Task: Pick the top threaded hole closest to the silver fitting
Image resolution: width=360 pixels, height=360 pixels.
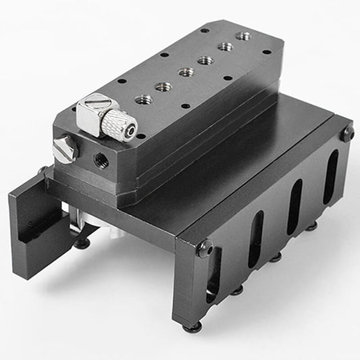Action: (x=143, y=100)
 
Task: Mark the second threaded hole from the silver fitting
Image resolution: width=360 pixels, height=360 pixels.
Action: (x=163, y=86)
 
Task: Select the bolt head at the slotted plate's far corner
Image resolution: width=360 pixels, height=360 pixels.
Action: (x=347, y=134)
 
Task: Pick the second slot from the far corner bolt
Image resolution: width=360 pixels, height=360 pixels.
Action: (x=294, y=207)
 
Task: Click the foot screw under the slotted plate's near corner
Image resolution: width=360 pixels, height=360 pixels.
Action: (x=192, y=327)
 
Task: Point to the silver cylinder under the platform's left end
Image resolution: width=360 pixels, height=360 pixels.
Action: (x=80, y=223)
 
